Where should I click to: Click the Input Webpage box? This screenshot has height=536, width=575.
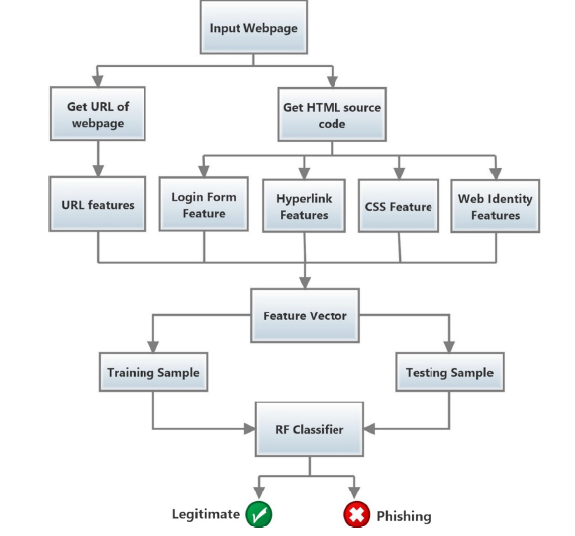point(253,28)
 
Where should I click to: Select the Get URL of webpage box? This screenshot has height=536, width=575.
point(98,114)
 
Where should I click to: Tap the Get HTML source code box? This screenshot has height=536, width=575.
point(332,115)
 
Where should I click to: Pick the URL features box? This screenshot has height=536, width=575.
point(98,204)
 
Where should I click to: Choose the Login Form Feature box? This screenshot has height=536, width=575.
point(204,204)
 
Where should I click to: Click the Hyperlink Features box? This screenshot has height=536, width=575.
point(304,206)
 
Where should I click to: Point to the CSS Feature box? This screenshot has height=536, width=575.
point(399,206)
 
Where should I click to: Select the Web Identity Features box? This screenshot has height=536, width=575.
point(496,207)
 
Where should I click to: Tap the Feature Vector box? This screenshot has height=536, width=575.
point(305,315)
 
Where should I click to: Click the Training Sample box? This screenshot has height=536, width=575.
point(153,372)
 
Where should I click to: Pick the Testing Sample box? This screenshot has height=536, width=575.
point(449,372)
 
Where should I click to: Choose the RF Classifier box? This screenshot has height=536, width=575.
point(310,429)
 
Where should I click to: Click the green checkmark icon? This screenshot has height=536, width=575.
point(259,514)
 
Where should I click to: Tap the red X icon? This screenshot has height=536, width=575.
point(357,514)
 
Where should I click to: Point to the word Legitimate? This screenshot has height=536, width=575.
point(206,514)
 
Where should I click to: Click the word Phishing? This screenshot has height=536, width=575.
point(404,516)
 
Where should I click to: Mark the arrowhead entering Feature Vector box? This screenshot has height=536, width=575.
point(305,283)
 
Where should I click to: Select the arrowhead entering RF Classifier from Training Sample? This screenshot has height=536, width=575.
point(250,429)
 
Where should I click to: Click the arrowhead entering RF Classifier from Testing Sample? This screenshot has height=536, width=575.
point(369,429)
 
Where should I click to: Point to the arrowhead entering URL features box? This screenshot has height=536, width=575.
point(98,171)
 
